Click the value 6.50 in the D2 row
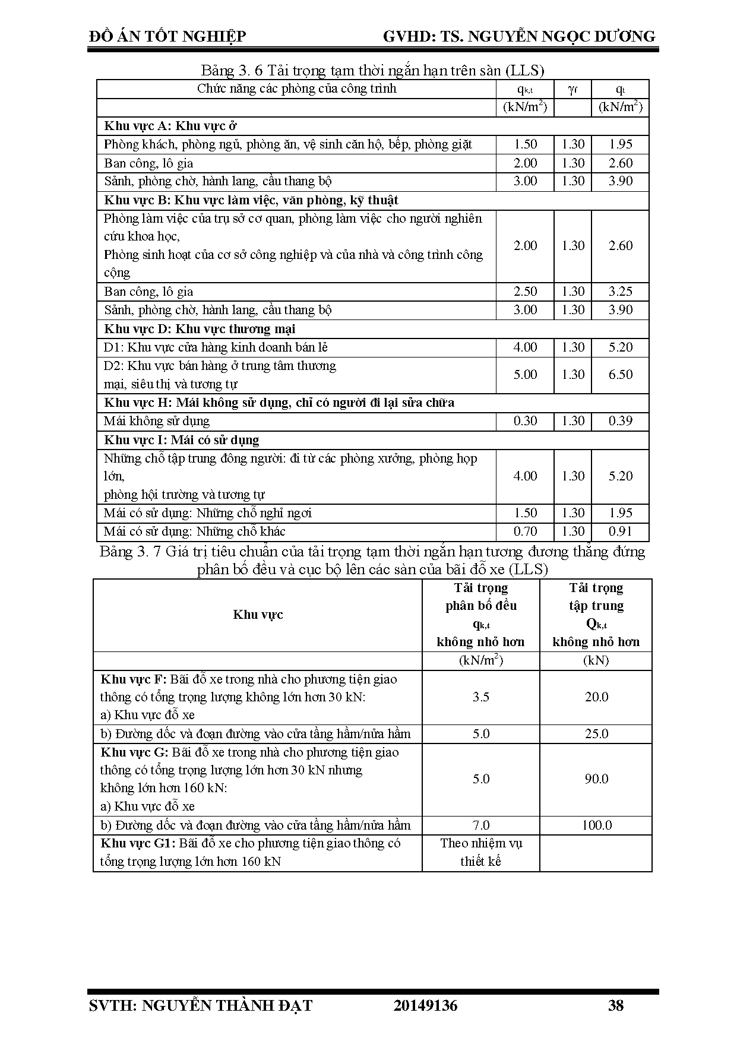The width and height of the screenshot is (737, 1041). [620, 375]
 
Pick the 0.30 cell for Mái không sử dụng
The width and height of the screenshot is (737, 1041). [525, 421]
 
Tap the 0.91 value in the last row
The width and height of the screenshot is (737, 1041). [620, 531]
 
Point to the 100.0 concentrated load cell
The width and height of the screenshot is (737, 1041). [596, 825]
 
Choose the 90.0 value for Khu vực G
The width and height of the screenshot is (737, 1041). [596, 779]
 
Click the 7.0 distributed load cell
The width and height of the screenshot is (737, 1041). [480, 825]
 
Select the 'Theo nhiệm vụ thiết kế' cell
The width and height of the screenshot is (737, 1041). [480, 852]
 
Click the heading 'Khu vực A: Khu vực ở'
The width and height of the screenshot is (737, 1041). [171, 126]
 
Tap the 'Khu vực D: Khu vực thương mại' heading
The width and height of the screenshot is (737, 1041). [200, 329]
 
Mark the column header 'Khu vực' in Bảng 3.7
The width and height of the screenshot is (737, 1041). [258, 615]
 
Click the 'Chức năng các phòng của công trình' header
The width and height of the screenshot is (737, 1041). [296, 89]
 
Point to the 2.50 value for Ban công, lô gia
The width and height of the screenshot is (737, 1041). [525, 292]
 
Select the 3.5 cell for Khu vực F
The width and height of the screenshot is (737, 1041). [480, 697]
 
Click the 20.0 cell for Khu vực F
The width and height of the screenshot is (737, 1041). [596, 697]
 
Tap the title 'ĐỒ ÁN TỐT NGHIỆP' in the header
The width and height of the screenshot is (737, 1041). [167, 37]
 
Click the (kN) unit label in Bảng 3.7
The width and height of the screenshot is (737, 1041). [596, 660]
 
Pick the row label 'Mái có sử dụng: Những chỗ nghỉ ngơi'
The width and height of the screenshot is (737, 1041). [207, 513]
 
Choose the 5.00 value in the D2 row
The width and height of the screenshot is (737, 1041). [525, 375]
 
